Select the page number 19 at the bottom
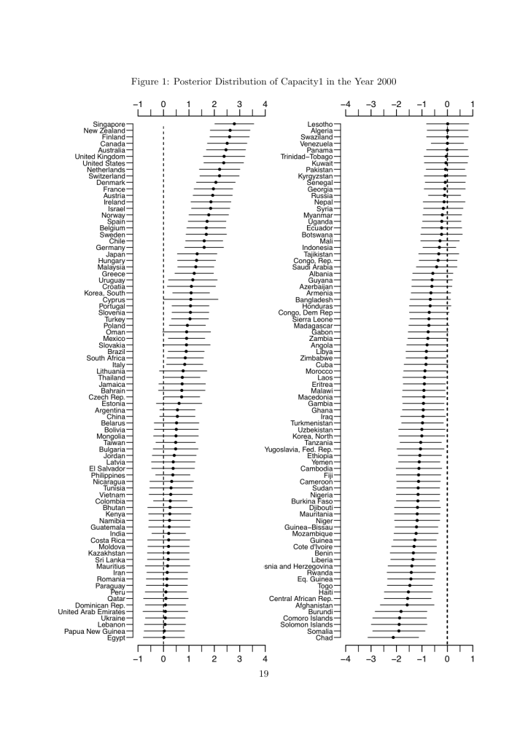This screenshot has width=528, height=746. [x=264, y=673]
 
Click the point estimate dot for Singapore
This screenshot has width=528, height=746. [x=234, y=125]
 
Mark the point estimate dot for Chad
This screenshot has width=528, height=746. [x=393, y=637]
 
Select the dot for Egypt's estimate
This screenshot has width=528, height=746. [x=163, y=637]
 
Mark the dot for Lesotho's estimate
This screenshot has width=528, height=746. [x=447, y=125]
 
